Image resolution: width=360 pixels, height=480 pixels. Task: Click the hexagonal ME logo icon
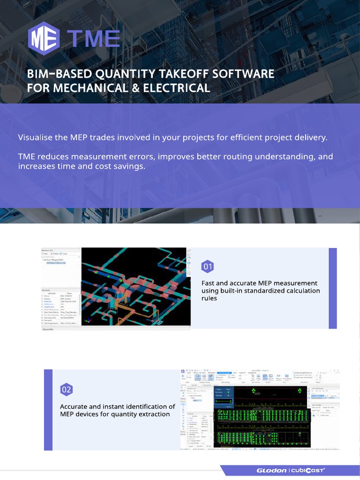coord(43,38)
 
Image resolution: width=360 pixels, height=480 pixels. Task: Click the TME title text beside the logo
coord(93,39)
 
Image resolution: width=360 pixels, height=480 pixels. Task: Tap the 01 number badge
coord(208,267)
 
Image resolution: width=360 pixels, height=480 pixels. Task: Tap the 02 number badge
coord(67,390)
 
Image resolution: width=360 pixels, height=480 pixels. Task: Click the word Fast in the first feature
coord(209,283)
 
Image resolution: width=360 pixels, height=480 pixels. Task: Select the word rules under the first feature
coord(209,298)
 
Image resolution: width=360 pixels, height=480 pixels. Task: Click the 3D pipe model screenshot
coord(136,286)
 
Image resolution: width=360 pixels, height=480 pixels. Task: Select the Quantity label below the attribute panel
coord(48,330)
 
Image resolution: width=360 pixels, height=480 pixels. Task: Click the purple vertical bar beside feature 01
coord(333,288)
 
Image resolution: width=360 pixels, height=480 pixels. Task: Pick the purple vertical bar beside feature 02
coord(48,410)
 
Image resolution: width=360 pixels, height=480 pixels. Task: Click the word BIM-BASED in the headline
coord(60,74)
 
